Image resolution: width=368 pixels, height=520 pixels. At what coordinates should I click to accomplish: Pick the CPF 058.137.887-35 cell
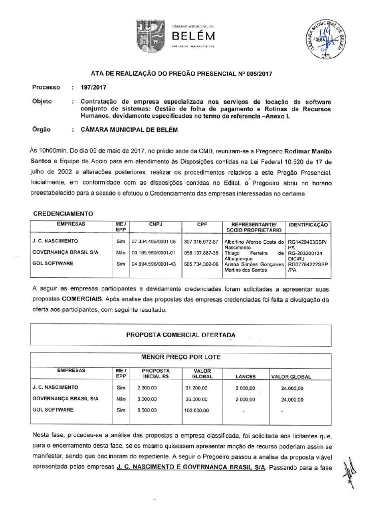(x=201, y=252)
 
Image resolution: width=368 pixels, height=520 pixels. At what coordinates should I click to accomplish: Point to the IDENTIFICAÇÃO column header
(x=308, y=224)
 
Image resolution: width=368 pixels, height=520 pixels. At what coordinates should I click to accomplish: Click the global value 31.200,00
(x=196, y=388)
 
